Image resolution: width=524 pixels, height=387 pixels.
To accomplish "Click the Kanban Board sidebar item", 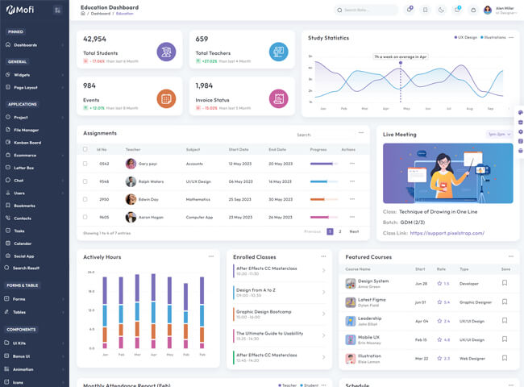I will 27,142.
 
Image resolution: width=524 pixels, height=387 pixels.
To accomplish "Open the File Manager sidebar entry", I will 26,130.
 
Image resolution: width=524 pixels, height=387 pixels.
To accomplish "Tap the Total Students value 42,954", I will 94,39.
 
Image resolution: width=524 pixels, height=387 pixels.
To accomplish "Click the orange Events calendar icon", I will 166,98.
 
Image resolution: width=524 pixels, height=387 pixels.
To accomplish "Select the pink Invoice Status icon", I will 278,98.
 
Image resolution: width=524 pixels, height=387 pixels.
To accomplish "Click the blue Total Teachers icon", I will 278,52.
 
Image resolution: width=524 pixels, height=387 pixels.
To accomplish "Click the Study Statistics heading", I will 328,38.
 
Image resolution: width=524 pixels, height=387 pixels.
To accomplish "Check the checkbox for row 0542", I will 85,163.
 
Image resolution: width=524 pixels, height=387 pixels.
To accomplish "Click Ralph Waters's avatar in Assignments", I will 131,181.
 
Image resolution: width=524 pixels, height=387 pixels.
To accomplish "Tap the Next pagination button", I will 354,231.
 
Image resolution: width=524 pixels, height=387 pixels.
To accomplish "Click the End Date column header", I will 277,149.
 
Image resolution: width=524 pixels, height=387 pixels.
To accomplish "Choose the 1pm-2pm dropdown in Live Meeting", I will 499,134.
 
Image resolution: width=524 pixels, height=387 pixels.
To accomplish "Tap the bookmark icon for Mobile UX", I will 505,339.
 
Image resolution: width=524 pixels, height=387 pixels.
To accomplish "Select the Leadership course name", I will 369,318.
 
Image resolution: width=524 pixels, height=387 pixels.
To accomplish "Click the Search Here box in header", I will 367,10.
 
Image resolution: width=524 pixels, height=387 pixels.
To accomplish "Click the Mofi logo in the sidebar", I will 22,10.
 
